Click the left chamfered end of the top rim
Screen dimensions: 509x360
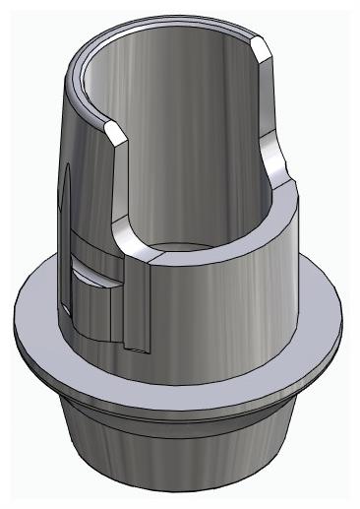(115, 130)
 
